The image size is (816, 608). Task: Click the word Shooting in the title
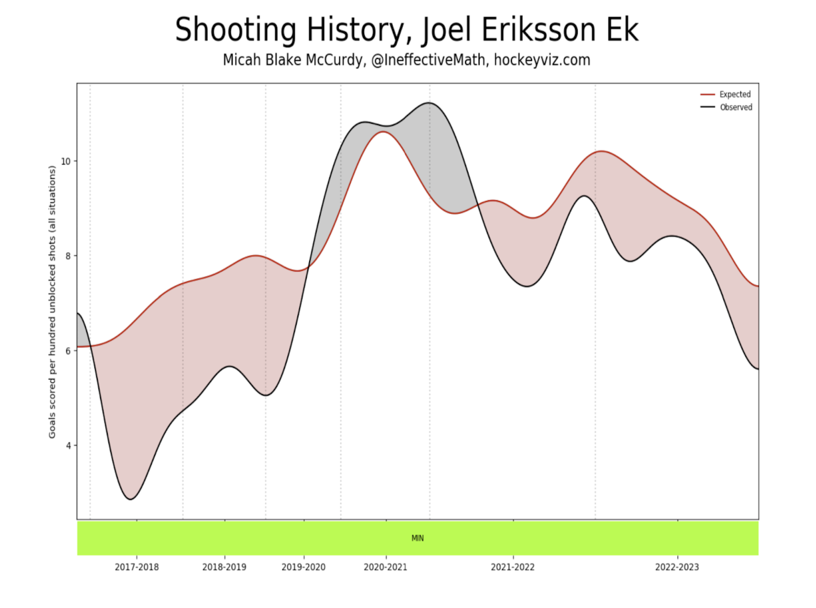[x=236, y=30]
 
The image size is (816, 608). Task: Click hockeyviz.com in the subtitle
[x=542, y=60]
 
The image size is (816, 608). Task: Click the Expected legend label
[x=735, y=95]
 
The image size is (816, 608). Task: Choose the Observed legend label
[x=736, y=107]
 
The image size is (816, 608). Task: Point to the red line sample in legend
[x=708, y=95]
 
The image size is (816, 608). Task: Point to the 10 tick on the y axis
[x=66, y=161]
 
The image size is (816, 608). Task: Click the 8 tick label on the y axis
[x=68, y=256]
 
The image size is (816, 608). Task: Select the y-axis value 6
[x=68, y=351]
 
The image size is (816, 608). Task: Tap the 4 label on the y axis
[x=68, y=446]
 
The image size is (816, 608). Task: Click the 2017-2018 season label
[x=137, y=567]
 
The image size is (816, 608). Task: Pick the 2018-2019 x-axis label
[x=224, y=567]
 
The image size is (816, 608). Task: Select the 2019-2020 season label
[x=304, y=567]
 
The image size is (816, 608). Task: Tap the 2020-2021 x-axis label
[x=386, y=567]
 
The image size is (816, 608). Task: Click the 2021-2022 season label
[x=513, y=567]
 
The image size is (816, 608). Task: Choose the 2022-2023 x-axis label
[x=677, y=567]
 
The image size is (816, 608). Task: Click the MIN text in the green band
[x=418, y=538]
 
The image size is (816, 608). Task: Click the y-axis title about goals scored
[x=52, y=302]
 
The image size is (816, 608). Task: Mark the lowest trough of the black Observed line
[x=131, y=499]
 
